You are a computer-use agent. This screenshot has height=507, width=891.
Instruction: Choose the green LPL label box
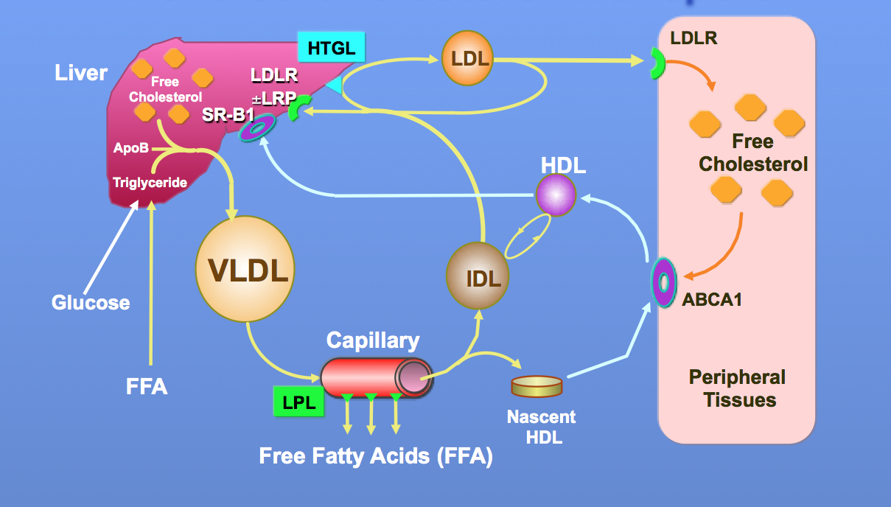(x=298, y=402)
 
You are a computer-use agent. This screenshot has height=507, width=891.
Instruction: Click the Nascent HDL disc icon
(x=537, y=385)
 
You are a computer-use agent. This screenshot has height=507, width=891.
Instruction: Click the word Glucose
(x=91, y=302)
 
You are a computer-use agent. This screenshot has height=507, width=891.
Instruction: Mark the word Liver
(x=81, y=73)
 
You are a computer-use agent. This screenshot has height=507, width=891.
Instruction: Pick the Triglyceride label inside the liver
(x=150, y=182)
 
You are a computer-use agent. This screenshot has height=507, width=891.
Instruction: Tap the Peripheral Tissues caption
(x=737, y=389)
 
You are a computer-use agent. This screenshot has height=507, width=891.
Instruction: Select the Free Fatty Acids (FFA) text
(x=376, y=456)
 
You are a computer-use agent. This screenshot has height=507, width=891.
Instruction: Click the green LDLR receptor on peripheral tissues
(x=655, y=63)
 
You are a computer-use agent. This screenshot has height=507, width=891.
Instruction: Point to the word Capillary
(x=373, y=340)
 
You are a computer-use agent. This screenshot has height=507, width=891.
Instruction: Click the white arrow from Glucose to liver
(x=111, y=248)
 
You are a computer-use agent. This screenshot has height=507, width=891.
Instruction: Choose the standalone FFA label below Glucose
(x=147, y=386)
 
